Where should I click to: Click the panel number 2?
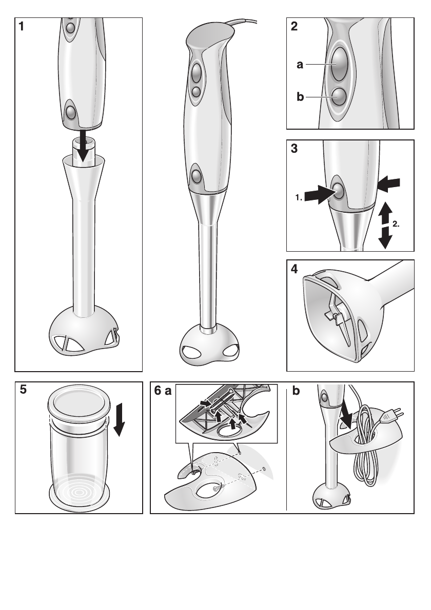click(293, 27)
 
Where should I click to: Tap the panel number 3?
click(293, 149)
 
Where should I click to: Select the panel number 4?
click(293, 270)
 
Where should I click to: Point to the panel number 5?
click(24, 391)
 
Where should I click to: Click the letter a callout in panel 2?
click(300, 65)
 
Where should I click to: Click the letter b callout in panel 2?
click(300, 96)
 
